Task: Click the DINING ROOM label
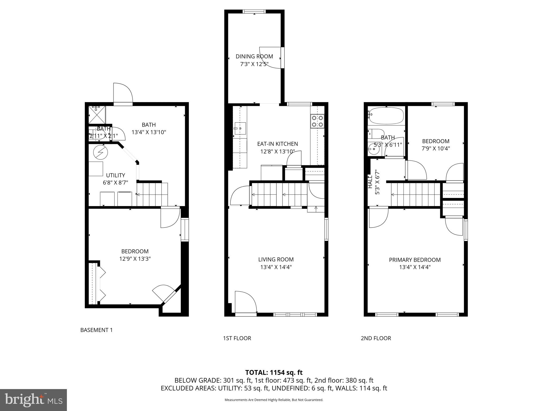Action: tap(254, 56)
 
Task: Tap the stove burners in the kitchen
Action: tap(317, 121)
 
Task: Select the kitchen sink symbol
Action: tap(240, 128)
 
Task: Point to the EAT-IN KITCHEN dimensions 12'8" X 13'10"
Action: tap(277, 151)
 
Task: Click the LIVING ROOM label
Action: tap(276, 259)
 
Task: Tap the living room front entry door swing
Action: tap(246, 302)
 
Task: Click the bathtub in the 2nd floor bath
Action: tap(386, 116)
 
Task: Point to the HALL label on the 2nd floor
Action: tap(370, 182)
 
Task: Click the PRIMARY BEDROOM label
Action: tap(414, 260)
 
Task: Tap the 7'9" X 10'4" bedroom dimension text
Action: tap(436, 149)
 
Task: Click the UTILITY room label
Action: tap(115, 175)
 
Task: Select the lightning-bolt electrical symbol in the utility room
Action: tap(100, 153)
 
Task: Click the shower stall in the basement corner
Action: tap(97, 115)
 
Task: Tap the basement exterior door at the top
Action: tap(123, 94)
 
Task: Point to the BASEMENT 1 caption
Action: tap(96, 330)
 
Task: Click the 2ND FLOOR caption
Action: tap(376, 338)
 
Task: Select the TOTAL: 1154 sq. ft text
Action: tap(274, 372)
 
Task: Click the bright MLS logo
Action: tap(33, 400)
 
